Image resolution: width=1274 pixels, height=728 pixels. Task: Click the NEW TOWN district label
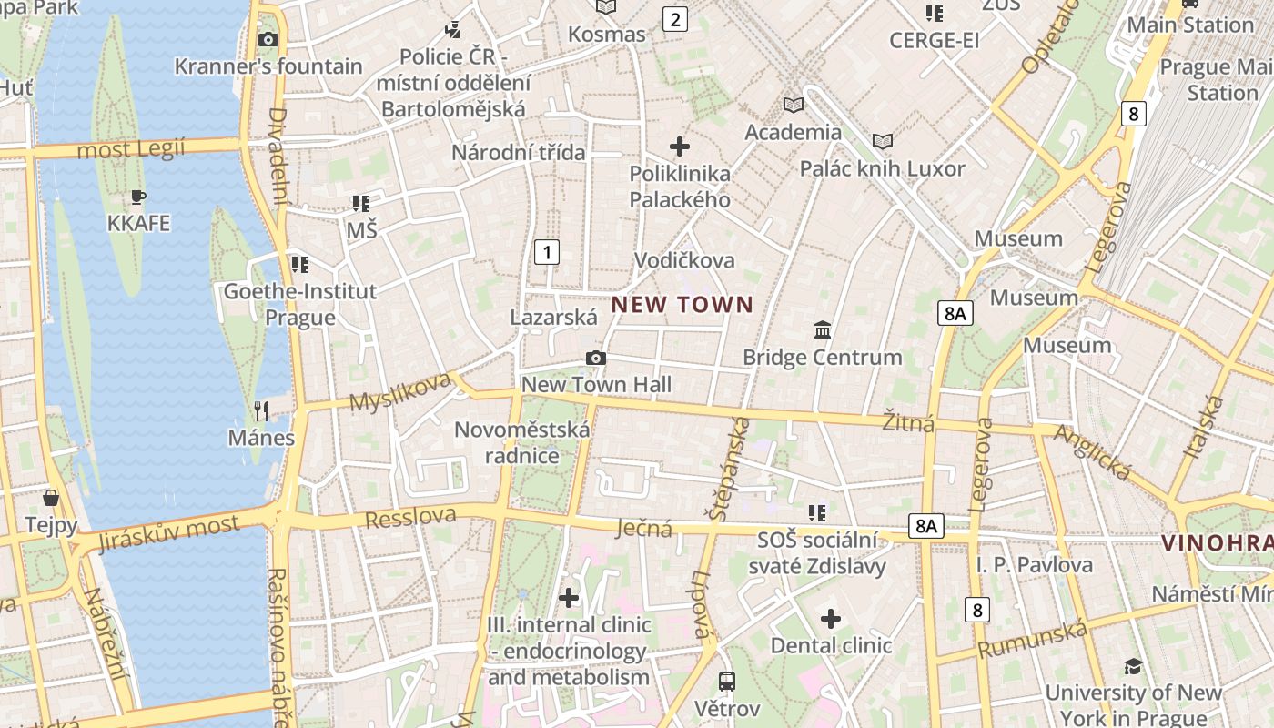tap(682, 305)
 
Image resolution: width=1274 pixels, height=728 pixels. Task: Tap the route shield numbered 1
tap(546, 252)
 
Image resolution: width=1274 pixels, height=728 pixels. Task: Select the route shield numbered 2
tap(674, 19)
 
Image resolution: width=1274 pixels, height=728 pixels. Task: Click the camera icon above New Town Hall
tap(596, 358)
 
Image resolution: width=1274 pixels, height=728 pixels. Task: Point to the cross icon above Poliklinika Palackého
tap(680, 146)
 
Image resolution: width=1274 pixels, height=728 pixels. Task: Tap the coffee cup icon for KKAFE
tap(138, 197)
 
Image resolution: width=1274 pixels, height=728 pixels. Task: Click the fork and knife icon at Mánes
tap(261, 411)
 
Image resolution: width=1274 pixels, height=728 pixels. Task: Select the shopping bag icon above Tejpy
tap(51, 498)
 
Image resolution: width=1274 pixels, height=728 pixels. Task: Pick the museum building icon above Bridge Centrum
tap(823, 329)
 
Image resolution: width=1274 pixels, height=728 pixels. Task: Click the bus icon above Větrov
tap(726, 681)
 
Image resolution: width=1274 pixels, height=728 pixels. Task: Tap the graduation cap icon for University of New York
tap(1133, 666)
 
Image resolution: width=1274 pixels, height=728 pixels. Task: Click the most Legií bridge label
tap(131, 149)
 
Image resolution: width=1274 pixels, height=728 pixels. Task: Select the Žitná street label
tap(909, 422)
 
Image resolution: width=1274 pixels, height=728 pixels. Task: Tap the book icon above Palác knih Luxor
tap(882, 141)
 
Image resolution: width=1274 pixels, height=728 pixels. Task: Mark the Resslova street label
tap(410, 517)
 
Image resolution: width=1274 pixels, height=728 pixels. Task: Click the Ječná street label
tap(644, 528)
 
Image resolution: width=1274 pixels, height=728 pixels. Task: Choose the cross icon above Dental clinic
tap(831, 620)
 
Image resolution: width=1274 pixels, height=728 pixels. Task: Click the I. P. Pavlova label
tap(1035, 565)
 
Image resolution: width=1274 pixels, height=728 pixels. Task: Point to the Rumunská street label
tap(1032, 640)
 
